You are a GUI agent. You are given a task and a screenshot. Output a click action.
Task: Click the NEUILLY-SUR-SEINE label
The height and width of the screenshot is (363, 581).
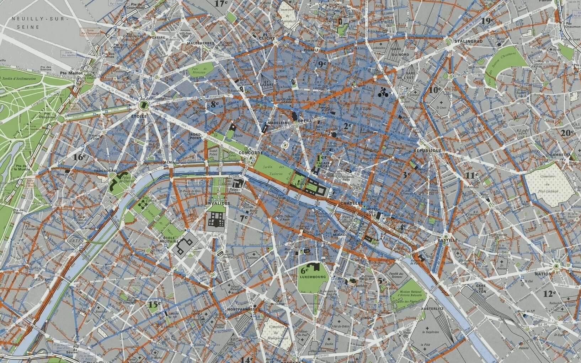click(x=37, y=23)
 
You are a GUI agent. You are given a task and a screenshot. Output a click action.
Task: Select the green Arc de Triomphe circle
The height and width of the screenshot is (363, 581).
click(x=144, y=105)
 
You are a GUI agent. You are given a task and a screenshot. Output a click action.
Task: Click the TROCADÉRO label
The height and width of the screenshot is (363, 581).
click(x=105, y=171)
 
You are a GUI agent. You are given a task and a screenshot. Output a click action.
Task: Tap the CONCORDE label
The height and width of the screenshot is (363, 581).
click(x=251, y=153)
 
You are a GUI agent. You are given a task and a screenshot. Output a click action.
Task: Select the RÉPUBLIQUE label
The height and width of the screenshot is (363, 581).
click(x=427, y=151)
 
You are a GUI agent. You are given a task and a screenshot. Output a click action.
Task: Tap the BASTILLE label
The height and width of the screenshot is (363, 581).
click(x=448, y=240)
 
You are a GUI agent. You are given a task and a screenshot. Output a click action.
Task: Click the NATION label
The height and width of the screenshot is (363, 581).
click(x=553, y=274)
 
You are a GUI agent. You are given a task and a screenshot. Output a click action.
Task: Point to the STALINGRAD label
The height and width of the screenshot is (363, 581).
click(x=467, y=41)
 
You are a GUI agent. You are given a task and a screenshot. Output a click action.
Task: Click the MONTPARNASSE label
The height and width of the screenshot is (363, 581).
click(x=241, y=309)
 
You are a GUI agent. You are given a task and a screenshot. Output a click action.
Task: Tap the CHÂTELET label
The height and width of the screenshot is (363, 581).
click(x=351, y=203)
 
